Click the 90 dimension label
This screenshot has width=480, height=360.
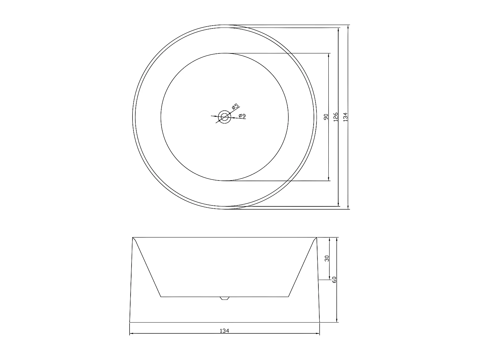tap(326, 117)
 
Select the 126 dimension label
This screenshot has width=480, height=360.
tap(336, 116)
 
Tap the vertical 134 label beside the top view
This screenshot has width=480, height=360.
tap(345, 116)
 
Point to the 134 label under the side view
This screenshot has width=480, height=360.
tap(224, 331)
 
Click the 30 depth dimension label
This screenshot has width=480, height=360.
tap(327, 258)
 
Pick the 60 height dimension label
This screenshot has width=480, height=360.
tap(334, 280)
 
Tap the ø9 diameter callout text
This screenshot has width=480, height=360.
tap(242, 116)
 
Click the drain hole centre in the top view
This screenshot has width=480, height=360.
tap(224, 117)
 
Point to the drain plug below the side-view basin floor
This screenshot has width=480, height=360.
tap(224, 298)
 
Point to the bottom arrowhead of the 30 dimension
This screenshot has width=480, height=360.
tap(329, 278)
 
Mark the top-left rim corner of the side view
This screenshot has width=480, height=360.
tap(133, 238)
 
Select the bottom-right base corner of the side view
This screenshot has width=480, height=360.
tap(319, 322)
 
